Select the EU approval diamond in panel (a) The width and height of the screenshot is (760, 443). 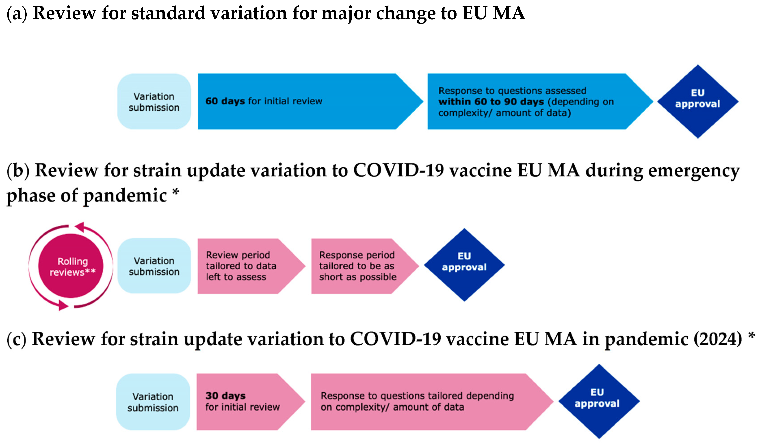click(697, 101)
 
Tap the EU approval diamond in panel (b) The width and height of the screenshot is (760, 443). click(464, 265)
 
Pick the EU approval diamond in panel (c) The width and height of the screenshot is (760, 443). click(599, 401)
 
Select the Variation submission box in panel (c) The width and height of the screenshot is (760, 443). click(153, 402)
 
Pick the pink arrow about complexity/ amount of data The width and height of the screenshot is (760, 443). click(422, 402)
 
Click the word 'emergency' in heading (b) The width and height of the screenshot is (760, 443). click(694, 171)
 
